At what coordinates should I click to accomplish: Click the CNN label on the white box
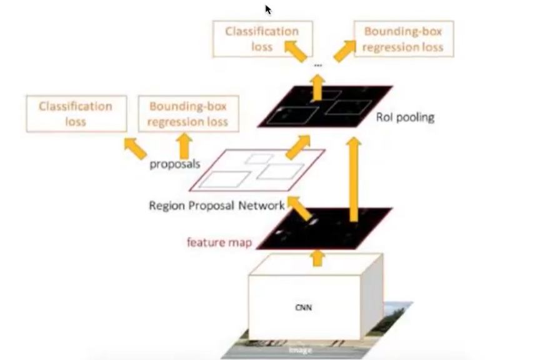[x=304, y=307]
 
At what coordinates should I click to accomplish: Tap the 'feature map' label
[x=219, y=242]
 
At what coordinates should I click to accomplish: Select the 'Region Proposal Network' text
[x=217, y=205]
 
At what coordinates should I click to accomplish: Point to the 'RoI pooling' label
[x=405, y=117]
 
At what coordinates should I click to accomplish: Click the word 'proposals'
[x=174, y=164]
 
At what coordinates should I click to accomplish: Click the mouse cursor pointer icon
[x=268, y=9]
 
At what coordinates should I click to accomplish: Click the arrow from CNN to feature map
[x=318, y=256]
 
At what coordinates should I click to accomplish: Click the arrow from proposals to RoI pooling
[x=297, y=147]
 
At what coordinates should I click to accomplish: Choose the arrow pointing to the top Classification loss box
[x=294, y=50]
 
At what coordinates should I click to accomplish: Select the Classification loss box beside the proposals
[x=76, y=113]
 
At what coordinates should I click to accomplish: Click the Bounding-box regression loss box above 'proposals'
[x=188, y=113]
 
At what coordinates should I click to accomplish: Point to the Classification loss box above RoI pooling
[x=262, y=39]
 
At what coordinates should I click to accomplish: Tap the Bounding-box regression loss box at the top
[x=404, y=39]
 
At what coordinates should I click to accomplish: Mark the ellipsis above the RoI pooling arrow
[x=318, y=66]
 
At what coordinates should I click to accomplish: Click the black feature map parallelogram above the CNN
[x=325, y=229]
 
